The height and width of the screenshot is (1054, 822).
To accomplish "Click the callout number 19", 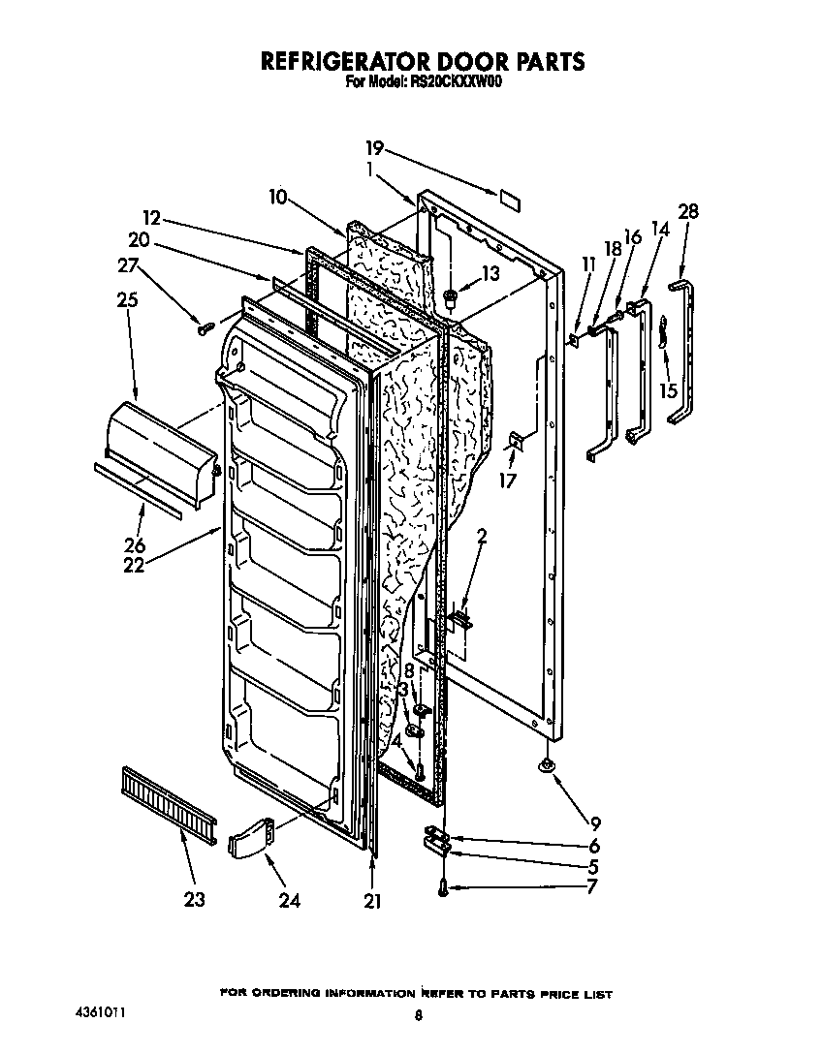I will click(x=375, y=148).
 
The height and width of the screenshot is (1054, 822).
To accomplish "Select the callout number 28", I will click(x=688, y=211).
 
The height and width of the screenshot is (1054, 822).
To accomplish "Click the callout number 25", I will click(x=126, y=299).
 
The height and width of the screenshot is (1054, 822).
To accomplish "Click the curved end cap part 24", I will click(x=251, y=836).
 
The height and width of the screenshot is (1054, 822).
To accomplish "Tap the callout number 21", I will click(x=372, y=901).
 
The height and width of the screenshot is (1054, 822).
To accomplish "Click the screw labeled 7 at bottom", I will click(x=443, y=885).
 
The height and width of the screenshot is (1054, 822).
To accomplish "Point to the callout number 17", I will click(x=508, y=480).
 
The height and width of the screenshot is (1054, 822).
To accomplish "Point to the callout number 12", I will click(x=150, y=218).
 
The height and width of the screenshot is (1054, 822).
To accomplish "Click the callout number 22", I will click(x=133, y=564).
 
